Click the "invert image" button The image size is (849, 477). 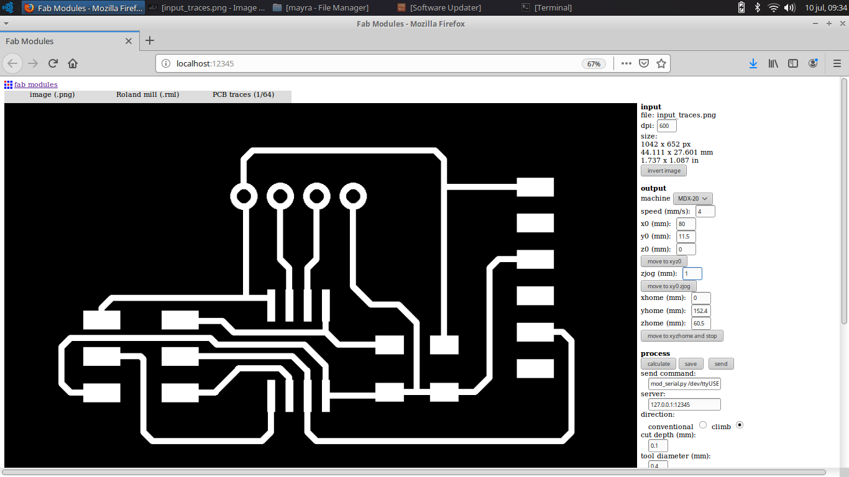[664, 171]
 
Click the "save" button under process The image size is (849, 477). [691, 364]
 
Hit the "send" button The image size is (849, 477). [721, 364]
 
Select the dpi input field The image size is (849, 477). [666, 126]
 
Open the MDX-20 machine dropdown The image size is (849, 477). [692, 199]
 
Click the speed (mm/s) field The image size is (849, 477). [705, 212]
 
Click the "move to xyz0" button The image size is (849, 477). [664, 261]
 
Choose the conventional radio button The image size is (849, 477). [703, 425]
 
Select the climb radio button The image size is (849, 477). [740, 425]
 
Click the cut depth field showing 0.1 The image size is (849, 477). [658, 446]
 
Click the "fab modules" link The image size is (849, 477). [36, 84]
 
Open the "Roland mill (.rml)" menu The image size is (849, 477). [147, 95]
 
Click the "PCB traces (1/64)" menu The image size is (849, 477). [243, 95]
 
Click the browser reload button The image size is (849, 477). [53, 63]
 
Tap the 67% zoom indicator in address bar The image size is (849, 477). [594, 64]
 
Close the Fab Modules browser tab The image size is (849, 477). [129, 41]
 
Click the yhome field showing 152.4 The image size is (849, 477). [701, 311]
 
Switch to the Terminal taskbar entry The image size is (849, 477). [547, 7]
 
